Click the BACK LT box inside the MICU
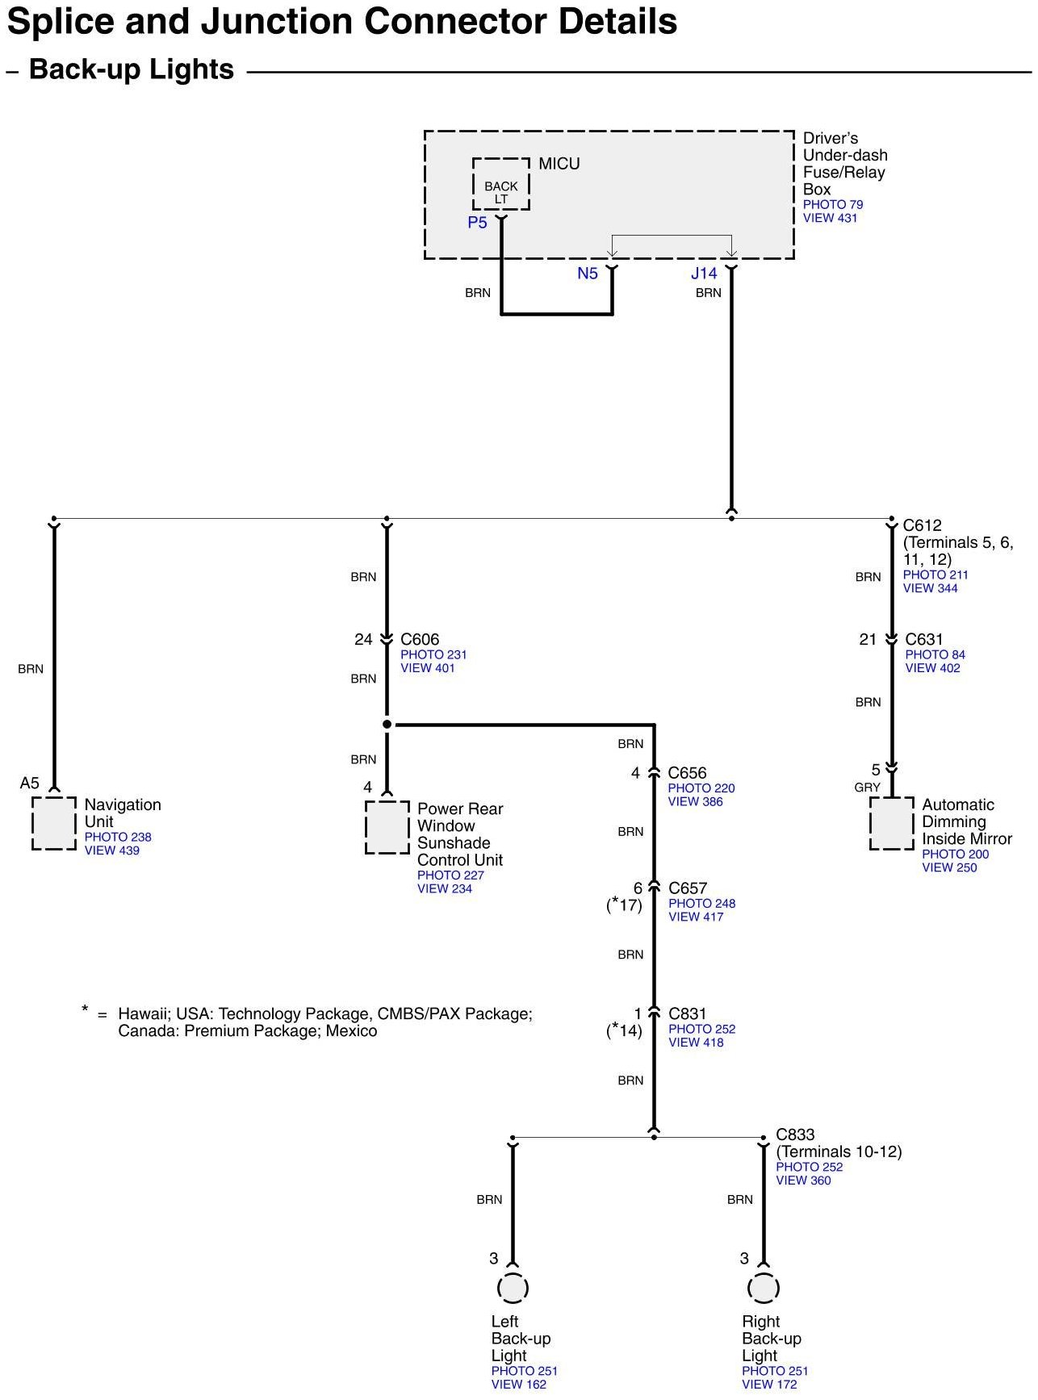pyautogui.click(x=501, y=186)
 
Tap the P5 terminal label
pyautogui.click(x=477, y=223)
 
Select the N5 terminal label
pyautogui.click(x=588, y=274)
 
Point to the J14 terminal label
pyautogui.click(x=704, y=274)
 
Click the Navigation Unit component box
pyautogui.click(x=54, y=823)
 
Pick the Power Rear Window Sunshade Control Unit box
pyautogui.click(x=387, y=827)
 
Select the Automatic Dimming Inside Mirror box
pyautogui.click(x=892, y=823)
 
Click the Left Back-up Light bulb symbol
pyautogui.click(x=512, y=1288)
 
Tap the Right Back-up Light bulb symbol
pyautogui.click(x=763, y=1288)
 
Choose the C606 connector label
pyautogui.click(x=420, y=640)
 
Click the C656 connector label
pyautogui.click(x=687, y=773)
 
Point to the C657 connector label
pyautogui.click(x=688, y=888)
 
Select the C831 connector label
pyautogui.click(x=688, y=1013)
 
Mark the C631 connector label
pyautogui.click(x=924, y=640)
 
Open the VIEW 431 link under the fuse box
pyautogui.click(x=830, y=218)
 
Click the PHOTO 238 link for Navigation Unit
pyautogui.click(x=118, y=837)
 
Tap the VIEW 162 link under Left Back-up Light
pyautogui.click(x=519, y=1384)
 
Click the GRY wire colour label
pyautogui.click(x=868, y=788)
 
